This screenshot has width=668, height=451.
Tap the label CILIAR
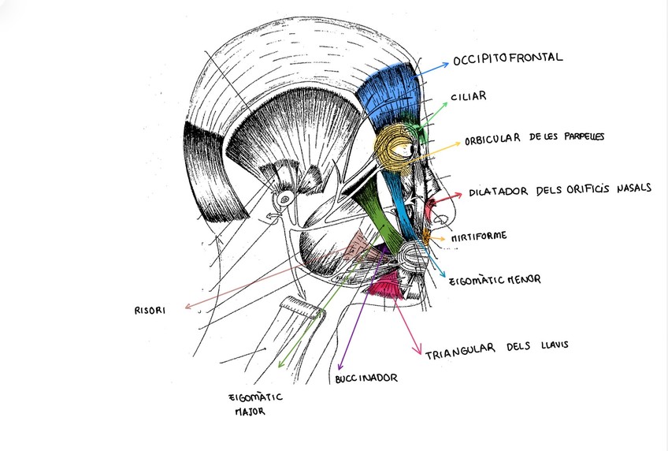click(x=469, y=97)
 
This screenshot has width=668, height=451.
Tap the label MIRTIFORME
click(x=479, y=236)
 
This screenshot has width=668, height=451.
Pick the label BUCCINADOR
click(x=366, y=378)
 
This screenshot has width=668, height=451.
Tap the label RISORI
click(x=150, y=310)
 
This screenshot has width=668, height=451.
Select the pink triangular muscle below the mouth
click(x=385, y=289)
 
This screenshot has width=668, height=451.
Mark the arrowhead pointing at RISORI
click(x=185, y=307)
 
